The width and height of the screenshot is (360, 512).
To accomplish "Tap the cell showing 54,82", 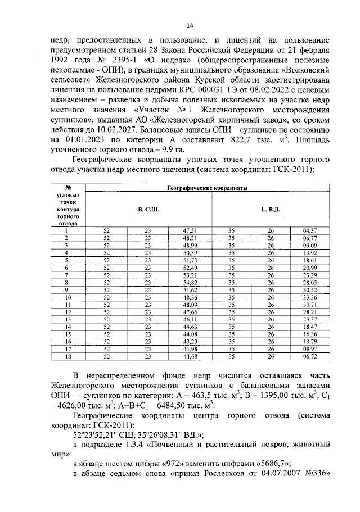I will tap(190, 283).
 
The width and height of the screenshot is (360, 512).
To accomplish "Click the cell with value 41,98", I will tap(190, 348).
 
